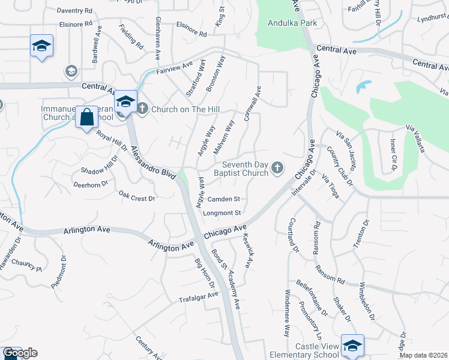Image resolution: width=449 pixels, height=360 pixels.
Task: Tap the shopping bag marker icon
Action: (87, 117)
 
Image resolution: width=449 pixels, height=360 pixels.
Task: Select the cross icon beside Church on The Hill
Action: (142, 109)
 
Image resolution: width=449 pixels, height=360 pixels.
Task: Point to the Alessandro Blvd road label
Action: (153, 162)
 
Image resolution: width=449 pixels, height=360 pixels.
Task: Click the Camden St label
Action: (224, 199)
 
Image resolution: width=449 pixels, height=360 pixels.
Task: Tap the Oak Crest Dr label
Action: (136, 196)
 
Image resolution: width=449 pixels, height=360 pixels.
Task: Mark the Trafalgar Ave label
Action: (198, 297)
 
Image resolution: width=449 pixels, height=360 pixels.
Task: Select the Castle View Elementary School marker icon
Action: (352, 345)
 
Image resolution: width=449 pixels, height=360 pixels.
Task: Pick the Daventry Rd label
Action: (74, 11)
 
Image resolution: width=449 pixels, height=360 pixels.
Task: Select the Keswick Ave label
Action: (248, 250)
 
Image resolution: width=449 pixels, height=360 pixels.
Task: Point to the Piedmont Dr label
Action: (58, 271)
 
